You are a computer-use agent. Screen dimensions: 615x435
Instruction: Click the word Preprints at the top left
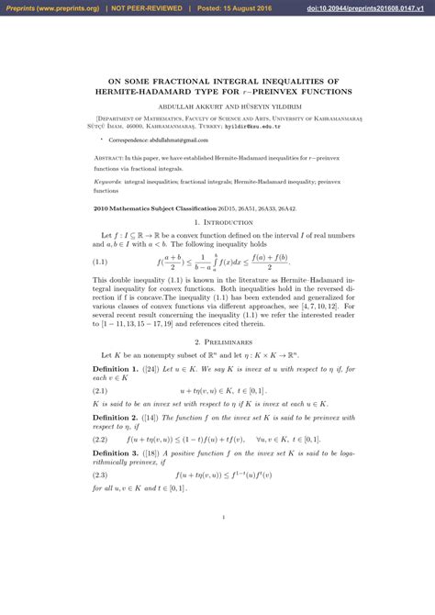[21, 7]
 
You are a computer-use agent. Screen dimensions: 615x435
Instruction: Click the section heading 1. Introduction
[225, 223]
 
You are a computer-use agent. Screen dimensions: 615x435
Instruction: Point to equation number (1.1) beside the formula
[104, 262]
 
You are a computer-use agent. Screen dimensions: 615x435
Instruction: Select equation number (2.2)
[104, 440]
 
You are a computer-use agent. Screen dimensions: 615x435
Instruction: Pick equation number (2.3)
[104, 475]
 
